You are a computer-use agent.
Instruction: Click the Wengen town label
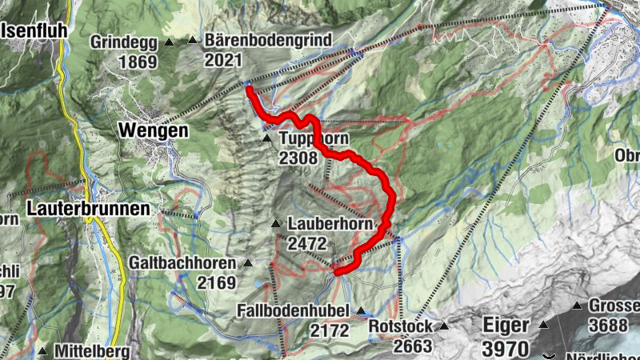[x=153, y=130]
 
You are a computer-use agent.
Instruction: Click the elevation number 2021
[x=223, y=60]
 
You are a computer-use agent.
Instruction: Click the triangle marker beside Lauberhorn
[x=276, y=223]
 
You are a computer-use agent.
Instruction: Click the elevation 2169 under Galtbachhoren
[x=217, y=282]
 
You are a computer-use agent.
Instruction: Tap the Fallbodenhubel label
[x=295, y=310]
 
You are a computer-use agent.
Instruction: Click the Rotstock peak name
[x=401, y=326]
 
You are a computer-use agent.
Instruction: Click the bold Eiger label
[x=506, y=326]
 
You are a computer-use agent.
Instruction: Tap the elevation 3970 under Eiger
[x=506, y=348]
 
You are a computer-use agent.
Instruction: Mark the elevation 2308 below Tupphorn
[x=299, y=158]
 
